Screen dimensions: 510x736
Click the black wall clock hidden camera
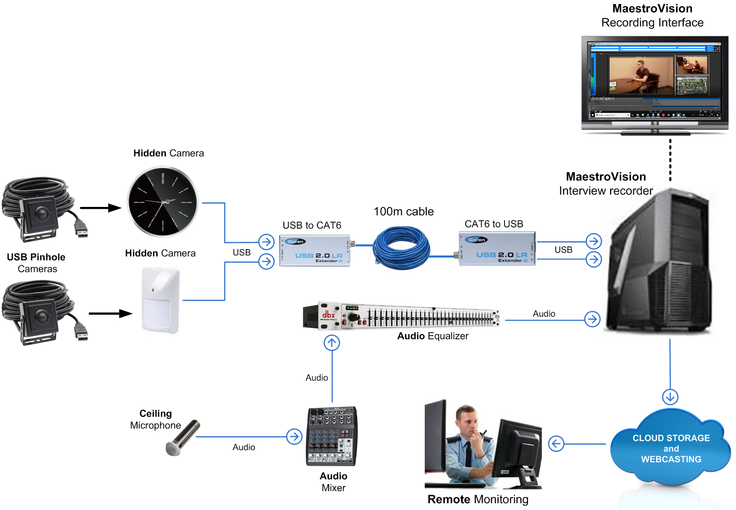[162, 202]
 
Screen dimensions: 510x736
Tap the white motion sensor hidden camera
[160, 300]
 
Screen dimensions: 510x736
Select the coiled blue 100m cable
[401, 248]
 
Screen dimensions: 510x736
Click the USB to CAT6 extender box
[314, 251]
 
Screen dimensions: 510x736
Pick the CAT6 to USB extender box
[497, 249]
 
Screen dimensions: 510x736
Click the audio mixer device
[332, 436]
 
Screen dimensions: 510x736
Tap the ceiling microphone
[182, 437]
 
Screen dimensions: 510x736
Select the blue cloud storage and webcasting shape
[670, 448]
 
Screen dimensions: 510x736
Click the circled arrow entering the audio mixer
[294, 436]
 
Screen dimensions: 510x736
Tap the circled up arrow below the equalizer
[332, 343]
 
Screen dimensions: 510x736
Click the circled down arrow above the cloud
[670, 396]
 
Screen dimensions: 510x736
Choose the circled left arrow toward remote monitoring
[556, 444]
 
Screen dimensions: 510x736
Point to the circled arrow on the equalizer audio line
[592, 319]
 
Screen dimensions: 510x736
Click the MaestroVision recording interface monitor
[655, 81]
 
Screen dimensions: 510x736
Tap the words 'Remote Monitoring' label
[478, 499]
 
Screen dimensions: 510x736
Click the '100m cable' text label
[404, 211]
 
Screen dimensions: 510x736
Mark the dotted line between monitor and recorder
[670, 160]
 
